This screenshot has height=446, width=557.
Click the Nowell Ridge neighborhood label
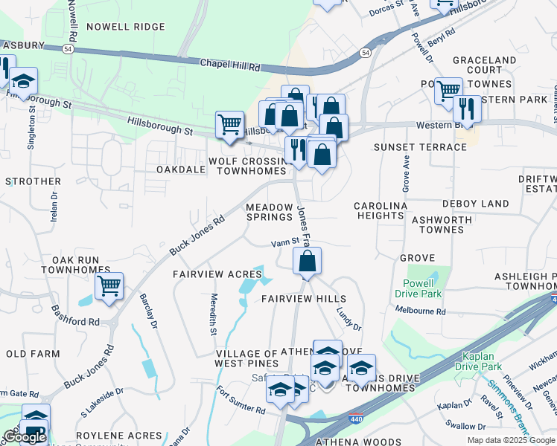[x=125, y=27]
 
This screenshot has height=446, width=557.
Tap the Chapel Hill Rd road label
[x=230, y=65]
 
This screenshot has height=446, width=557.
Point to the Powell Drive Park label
[x=423, y=288]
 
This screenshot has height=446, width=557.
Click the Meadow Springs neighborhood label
[x=270, y=212]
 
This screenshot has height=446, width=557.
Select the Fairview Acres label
[x=217, y=274]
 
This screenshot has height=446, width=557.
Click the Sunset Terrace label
[x=420, y=147]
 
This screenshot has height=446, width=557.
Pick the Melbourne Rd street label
[x=421, y=311]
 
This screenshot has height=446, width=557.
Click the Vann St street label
[x=284, y=242]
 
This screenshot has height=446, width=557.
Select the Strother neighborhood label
[x=33, y=181]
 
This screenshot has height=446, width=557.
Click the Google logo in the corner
[x=24, y=436]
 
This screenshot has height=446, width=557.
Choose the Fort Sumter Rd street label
[x=241, y=401]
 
